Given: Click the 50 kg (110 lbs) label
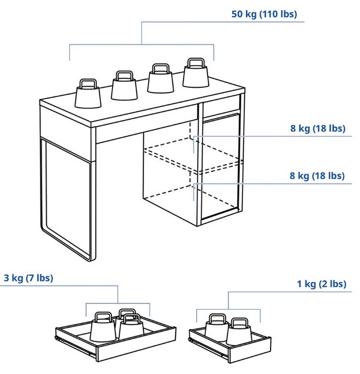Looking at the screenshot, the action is [x=264, y=14].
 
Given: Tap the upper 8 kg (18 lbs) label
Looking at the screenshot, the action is [x=318, y=128].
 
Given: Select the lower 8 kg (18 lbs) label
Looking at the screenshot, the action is [x=317, y=176].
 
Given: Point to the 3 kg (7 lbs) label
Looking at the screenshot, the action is [x=28, y=278].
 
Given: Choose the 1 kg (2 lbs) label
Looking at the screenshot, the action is [x=321, y=284].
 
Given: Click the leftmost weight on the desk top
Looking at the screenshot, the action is [x=88, y=93].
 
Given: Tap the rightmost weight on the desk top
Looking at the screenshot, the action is [x=196, y=73].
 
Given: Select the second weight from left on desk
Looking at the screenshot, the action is [x=124, y=86].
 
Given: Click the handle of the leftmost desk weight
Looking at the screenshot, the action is [x=88, y=83].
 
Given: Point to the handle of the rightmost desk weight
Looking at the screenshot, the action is [x=196, y=63].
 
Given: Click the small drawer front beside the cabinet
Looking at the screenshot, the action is [x=221, y=106].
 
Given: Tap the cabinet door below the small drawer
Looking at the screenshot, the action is [x=220, y=166].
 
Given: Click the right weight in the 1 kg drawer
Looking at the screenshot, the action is [x=239, y=332].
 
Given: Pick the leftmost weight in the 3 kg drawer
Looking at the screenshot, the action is [x=103, y=326].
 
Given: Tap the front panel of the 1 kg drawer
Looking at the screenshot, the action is [x=249, y=350].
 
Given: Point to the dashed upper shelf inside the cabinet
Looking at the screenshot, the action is [x=193, y=154].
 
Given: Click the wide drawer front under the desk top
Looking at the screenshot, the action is [x=146, y=131].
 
